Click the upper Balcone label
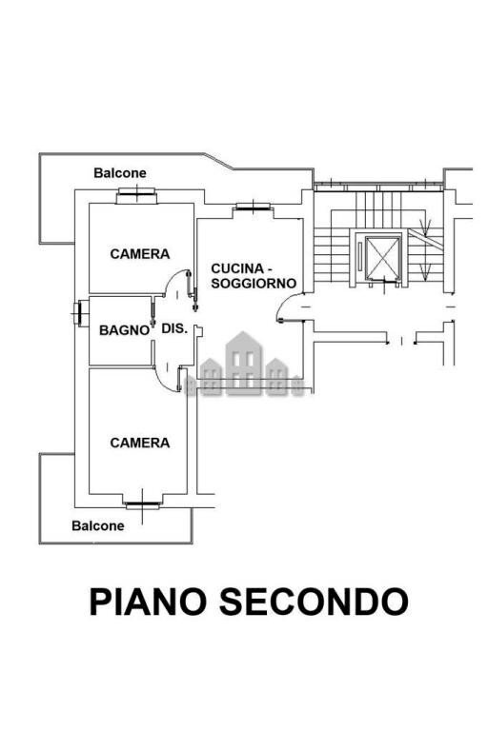tap(120, 173)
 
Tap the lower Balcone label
tap(98, 525)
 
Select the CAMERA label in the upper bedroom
tap(140, 254)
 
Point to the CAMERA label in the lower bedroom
tap(140, 443)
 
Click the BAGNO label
tap(124, 330)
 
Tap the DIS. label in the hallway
tap(173, 328)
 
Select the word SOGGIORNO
tap(254, 284)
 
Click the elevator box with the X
tap(381, 256)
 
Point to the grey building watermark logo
tap(244, 365)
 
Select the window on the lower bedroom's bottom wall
tap(143, 504)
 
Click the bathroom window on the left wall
tap(77, 313)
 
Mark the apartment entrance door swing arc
tap(286, 306)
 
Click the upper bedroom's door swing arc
tap(174, 286)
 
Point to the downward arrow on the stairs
tap(427, 228)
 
